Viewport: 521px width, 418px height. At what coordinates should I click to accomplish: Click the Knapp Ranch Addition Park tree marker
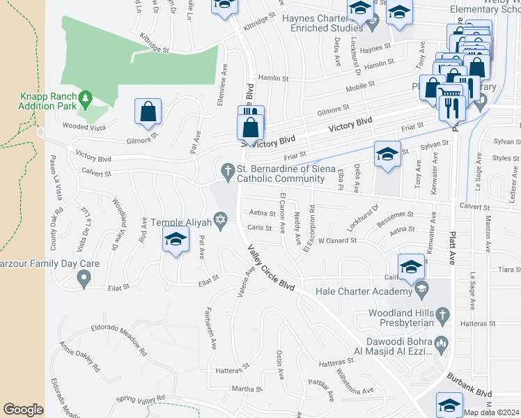coord(86,98)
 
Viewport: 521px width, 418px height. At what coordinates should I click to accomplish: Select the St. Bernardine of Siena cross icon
coord(227,170)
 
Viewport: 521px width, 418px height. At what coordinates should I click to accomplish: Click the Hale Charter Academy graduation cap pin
coord(420,288)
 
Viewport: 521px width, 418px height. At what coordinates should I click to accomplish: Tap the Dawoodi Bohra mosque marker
coord(441,343)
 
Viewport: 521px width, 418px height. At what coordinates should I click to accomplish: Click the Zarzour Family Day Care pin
coord(84,279)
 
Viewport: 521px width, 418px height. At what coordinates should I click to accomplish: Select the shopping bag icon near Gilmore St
coord(148,111)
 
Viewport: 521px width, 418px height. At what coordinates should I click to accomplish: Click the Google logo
coord(22,410)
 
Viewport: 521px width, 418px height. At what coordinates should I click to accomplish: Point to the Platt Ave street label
coord(453,240)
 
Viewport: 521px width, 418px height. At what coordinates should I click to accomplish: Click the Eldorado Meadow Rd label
coord(119,339)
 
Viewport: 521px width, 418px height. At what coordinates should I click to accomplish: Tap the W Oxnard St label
coord(337,240)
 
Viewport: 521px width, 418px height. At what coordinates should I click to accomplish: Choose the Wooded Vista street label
coord(85,127)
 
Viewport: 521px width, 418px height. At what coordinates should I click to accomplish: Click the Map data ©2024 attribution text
coord(491,412)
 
